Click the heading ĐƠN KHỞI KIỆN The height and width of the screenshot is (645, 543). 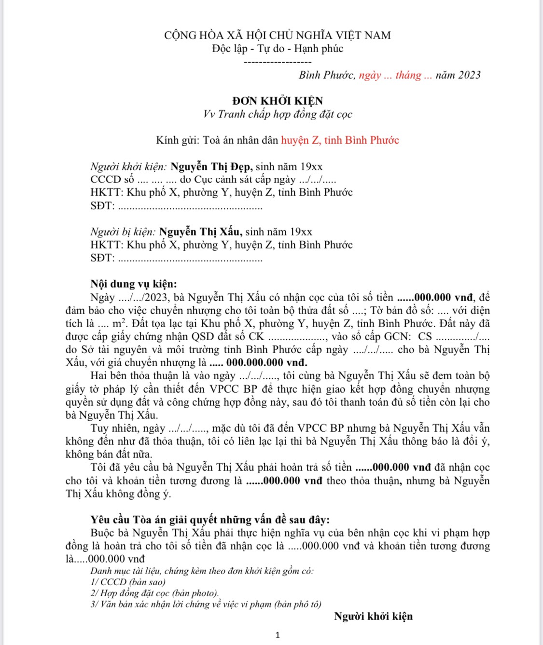277,101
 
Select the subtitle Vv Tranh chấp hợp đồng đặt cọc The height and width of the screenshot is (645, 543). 278,114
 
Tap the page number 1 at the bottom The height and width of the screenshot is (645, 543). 278,635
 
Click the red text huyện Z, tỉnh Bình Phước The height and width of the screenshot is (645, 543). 340,140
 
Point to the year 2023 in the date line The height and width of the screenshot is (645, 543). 469,75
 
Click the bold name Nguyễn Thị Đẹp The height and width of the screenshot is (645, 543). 211,167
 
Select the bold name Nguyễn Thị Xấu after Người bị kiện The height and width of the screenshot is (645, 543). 201,232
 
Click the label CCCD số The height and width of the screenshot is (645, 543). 112,179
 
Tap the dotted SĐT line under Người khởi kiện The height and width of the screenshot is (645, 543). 190,206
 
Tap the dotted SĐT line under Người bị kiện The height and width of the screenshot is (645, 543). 190,259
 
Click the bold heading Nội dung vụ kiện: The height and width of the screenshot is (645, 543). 134,284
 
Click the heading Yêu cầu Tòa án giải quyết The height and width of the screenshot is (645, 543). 210,520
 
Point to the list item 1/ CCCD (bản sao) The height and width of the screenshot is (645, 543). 128,582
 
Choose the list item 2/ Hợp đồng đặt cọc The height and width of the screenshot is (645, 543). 154,593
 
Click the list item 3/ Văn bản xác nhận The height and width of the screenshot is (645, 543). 206,604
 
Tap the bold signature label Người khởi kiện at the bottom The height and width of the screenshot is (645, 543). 373,616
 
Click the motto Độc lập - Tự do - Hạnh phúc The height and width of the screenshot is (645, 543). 278,49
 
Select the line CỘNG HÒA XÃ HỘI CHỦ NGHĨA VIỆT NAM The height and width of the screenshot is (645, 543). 278,35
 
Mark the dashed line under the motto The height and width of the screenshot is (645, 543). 278,62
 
